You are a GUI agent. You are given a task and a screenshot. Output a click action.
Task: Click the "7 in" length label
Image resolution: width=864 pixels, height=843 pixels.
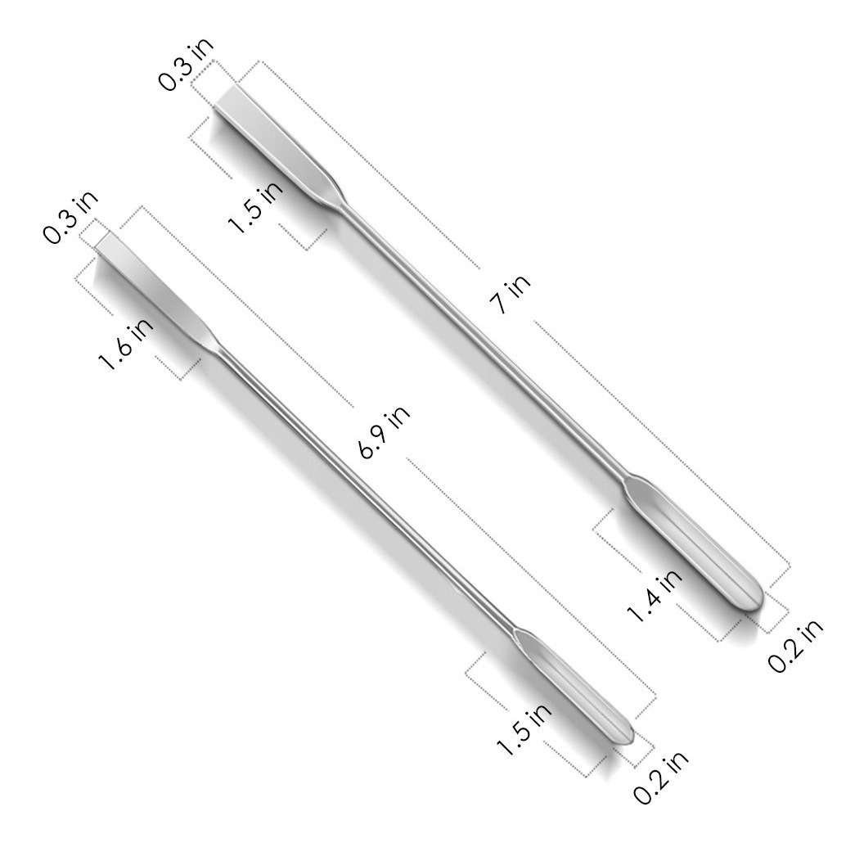511,293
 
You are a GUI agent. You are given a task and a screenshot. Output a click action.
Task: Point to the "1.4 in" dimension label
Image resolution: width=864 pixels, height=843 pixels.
655,596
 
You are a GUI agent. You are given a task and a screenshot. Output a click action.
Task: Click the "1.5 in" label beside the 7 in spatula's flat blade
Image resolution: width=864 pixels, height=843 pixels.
255,205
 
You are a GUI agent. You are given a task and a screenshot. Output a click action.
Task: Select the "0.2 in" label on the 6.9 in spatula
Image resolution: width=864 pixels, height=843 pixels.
660,776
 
